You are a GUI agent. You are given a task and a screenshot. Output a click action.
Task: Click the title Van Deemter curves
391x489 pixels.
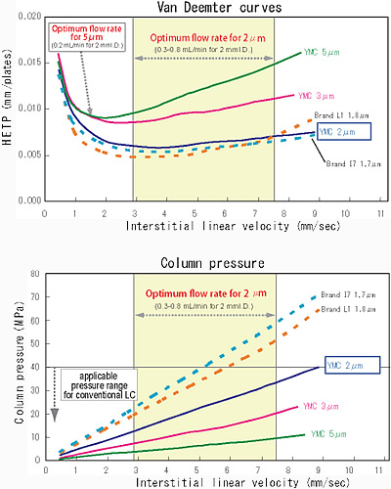[x=219, y=7]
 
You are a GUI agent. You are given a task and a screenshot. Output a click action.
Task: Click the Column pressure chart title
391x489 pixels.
[x=212, y=263]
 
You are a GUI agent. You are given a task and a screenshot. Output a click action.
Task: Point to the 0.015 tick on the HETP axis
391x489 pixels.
[x=30, y=63]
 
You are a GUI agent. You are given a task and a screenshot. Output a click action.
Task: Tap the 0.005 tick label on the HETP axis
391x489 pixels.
[x=30, y=155]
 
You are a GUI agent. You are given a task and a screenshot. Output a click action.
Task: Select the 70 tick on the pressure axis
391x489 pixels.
[x=35, y=297]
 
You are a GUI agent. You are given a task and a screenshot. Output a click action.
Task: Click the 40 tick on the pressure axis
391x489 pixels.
[x=35, y=367]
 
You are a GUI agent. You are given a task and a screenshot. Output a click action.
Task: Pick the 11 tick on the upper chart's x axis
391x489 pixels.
[x=380, y=214]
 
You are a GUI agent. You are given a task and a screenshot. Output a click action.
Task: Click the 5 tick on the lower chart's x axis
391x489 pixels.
[x=196, y=470]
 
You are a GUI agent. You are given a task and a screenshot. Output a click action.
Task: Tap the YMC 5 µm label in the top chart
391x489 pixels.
[x=322, y=52]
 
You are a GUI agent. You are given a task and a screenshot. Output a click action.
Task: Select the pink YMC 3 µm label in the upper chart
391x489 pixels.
[x=316, y=96]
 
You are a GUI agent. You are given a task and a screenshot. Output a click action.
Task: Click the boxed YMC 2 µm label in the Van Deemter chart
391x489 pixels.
[x=344, y=132]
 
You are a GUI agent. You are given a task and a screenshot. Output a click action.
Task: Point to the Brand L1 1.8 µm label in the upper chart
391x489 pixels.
[x=341, y=115]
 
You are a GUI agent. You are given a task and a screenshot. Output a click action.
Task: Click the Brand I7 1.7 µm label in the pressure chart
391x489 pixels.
[x=348, y=294]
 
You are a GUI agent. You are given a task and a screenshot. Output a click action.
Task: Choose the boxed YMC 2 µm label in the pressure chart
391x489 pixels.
[x=353, y=365]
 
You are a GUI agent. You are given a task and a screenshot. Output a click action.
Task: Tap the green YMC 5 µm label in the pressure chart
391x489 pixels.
[x=328, y=434]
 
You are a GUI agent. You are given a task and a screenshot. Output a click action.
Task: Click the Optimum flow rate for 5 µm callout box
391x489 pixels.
[x=87, y=37]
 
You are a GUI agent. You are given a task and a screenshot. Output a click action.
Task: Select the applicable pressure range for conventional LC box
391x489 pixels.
[x=99, y=385]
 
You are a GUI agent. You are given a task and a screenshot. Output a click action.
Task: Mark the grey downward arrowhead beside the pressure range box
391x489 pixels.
[x=55, y=415]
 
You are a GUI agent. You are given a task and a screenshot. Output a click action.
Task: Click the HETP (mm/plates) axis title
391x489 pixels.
[x=7, y=98]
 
